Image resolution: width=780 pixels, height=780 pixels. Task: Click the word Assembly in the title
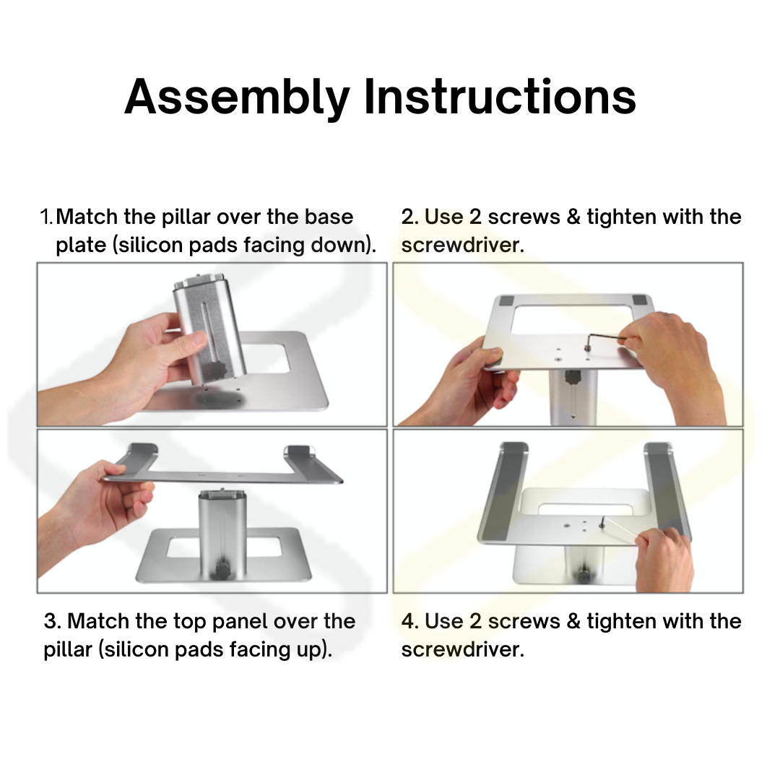click(238, 97)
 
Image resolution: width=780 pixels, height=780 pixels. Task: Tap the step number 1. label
click(47, 217)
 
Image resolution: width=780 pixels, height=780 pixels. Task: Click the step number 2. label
click(410, 217)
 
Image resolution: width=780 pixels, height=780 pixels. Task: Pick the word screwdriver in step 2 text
click(462, 246)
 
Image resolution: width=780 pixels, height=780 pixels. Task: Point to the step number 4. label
click(410, 622)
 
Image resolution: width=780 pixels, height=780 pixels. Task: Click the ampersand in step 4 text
click(573, 622)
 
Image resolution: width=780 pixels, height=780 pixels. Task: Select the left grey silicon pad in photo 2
click(506, 301)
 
